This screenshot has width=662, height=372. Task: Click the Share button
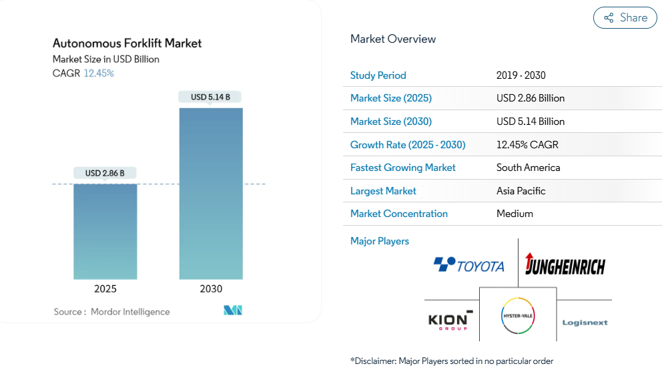pyautogui.click(x=625, y=18)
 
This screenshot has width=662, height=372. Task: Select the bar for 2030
pyautogui.click(x=211, y=193)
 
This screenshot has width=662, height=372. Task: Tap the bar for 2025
pyautogui.click(x=105, y=231)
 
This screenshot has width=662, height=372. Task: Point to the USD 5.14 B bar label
pyautogui.click(x=210, y=97)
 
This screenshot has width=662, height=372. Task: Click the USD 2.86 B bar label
pyautogui.click(x=105, y=173)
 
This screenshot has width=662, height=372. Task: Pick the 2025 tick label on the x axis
pyautogui.click(x=105, y=289)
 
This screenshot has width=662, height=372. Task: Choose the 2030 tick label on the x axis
pyautogui.click(x=211, y=289)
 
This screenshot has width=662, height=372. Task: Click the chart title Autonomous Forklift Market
pyautogui.click(x=127, y=43)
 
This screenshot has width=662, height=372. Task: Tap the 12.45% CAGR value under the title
pyautogui.click(x=99, y=73)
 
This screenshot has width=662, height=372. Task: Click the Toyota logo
pyautogui.click(x=469, y=265)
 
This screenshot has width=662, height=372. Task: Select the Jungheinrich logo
pyautogui.click(x=565, y=264)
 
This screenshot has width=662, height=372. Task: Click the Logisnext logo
pyautogui.click(x=585, y=323)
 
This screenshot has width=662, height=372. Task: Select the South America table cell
pyautogui.click(x=528, y=168)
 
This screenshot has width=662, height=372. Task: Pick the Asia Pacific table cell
pyautogui.click(x=521, y=191)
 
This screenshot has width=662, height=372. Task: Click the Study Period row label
pyautogui.click(x=378, y=75)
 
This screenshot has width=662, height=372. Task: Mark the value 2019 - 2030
pyautogui.click(x=521, y=75)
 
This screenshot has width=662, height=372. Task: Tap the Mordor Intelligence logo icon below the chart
pyautogui.click(x=233, y=311)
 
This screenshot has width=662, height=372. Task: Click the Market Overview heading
pyautogui.click(x=393, y=39)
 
